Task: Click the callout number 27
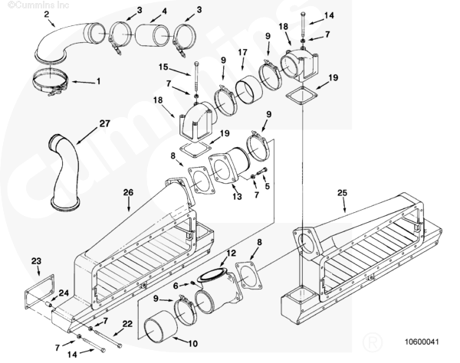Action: coord(104,123)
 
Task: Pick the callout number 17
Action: coord(242,52)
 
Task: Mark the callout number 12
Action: coord(230,253)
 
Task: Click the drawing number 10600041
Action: coord(422,341)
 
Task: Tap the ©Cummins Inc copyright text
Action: coord(27,4)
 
